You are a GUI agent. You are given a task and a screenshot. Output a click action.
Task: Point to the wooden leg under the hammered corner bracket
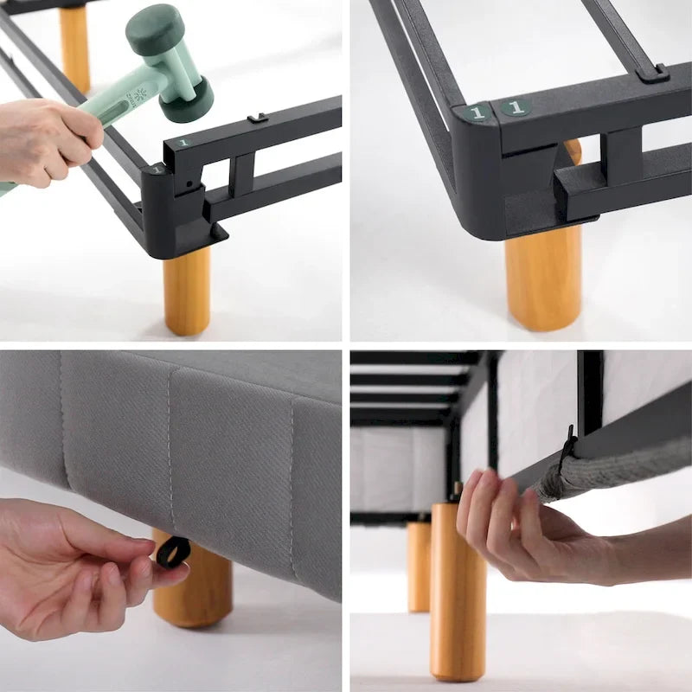[187, 290]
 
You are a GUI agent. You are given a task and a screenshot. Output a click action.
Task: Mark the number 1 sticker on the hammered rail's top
[183, 142]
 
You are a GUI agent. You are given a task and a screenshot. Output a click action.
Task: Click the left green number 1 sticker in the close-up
[475, 112]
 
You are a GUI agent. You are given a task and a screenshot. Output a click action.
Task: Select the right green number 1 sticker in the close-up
[516, 107]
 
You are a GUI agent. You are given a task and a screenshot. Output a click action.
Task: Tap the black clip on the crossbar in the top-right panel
[651, 73]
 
